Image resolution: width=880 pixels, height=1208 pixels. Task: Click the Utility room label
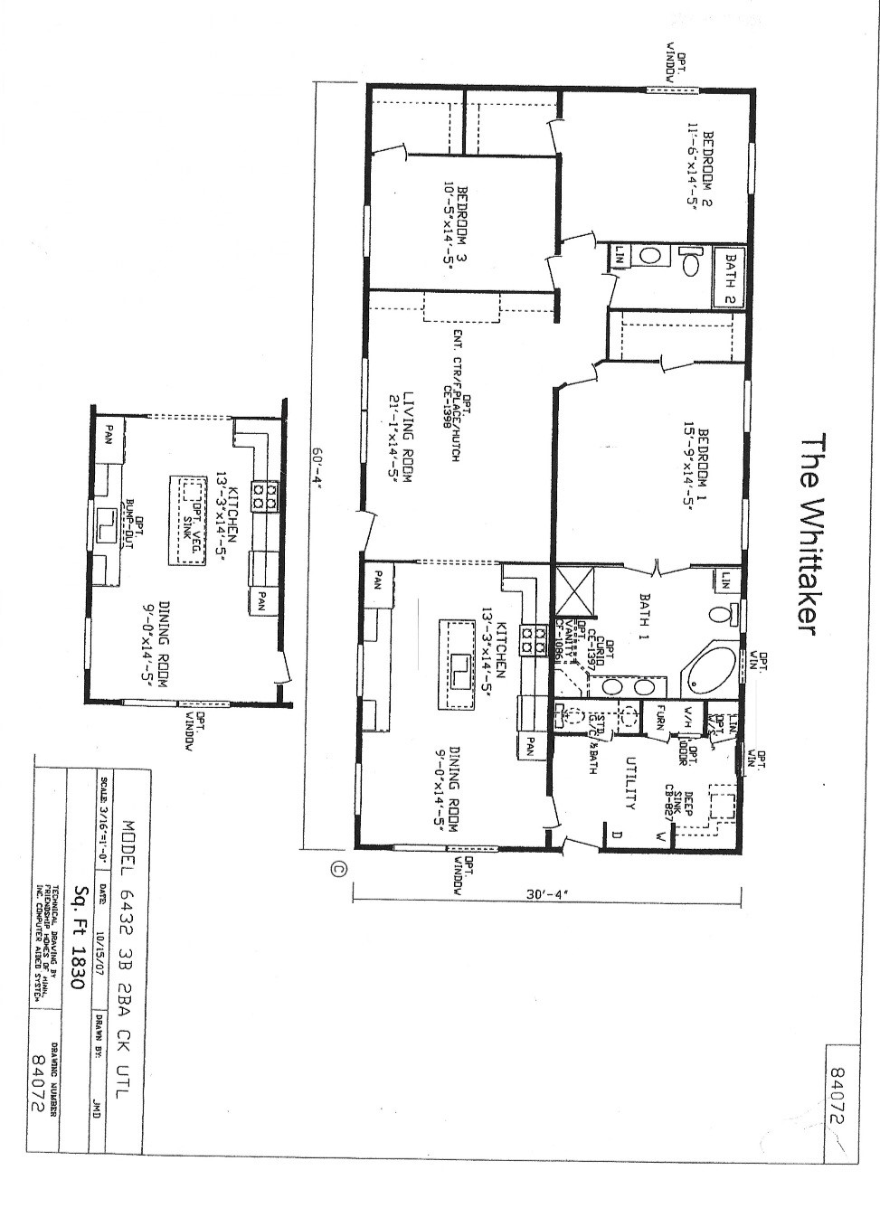(x=630, y=782)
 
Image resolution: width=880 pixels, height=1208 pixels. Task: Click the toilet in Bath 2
(x=690, y=263)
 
